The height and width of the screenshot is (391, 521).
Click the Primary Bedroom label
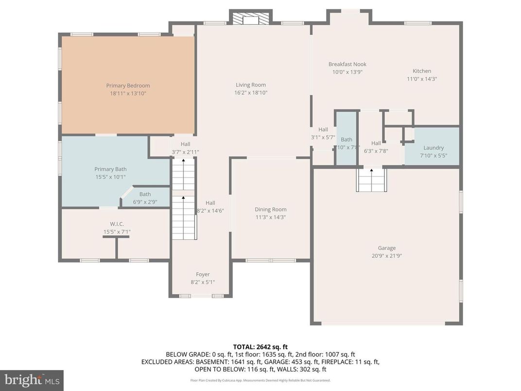point(128,86)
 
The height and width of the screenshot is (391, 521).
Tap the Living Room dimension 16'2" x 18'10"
point(251,92)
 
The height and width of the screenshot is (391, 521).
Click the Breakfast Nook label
point(347,64)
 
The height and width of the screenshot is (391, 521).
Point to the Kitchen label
point(422,71)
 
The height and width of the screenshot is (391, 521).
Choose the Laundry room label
point(434,148)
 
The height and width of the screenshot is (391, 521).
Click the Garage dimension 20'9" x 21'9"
point(387,255)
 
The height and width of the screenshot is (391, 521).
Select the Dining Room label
point(270,210)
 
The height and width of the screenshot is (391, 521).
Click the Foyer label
point(203,274)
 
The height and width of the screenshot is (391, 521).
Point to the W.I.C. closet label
point(117,224)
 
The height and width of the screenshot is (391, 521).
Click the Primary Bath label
point(110,169)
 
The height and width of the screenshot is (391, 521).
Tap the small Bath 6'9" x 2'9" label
point(145,195)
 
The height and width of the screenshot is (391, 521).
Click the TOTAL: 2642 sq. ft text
point(260,347)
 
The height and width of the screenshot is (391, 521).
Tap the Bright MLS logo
point(32,379)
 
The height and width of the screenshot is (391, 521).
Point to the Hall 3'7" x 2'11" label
point(185,144)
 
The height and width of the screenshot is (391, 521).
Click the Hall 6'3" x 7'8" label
point(376,143)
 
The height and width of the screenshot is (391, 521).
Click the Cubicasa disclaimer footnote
point(260,380)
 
